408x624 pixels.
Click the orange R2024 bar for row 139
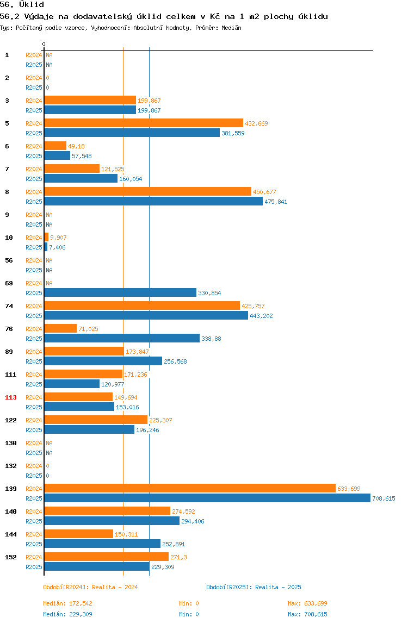(190, 488)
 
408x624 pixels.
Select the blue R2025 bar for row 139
(207, 498)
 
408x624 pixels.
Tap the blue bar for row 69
(120, 293)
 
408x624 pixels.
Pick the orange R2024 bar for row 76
(60, 328)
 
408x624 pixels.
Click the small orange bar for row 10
(46, 237)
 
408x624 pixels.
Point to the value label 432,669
(256, 123)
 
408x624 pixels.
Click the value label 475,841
(276, 202)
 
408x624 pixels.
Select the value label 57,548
(82, 156)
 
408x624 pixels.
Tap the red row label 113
(11, 397)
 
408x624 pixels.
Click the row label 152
(11, 557)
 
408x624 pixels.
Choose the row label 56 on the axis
(9, 260)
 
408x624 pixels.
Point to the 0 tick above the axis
(44, 44)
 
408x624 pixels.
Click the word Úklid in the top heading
(32, 5)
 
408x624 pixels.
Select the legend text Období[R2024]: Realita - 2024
(90, 587)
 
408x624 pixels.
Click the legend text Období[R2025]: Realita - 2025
(254, 587)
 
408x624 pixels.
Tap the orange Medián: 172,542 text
(68, 603)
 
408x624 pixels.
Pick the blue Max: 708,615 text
(307, 614)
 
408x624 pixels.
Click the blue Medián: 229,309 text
(68, 614)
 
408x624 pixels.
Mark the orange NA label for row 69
(49, 283)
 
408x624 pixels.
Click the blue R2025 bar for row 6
(57, 155)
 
